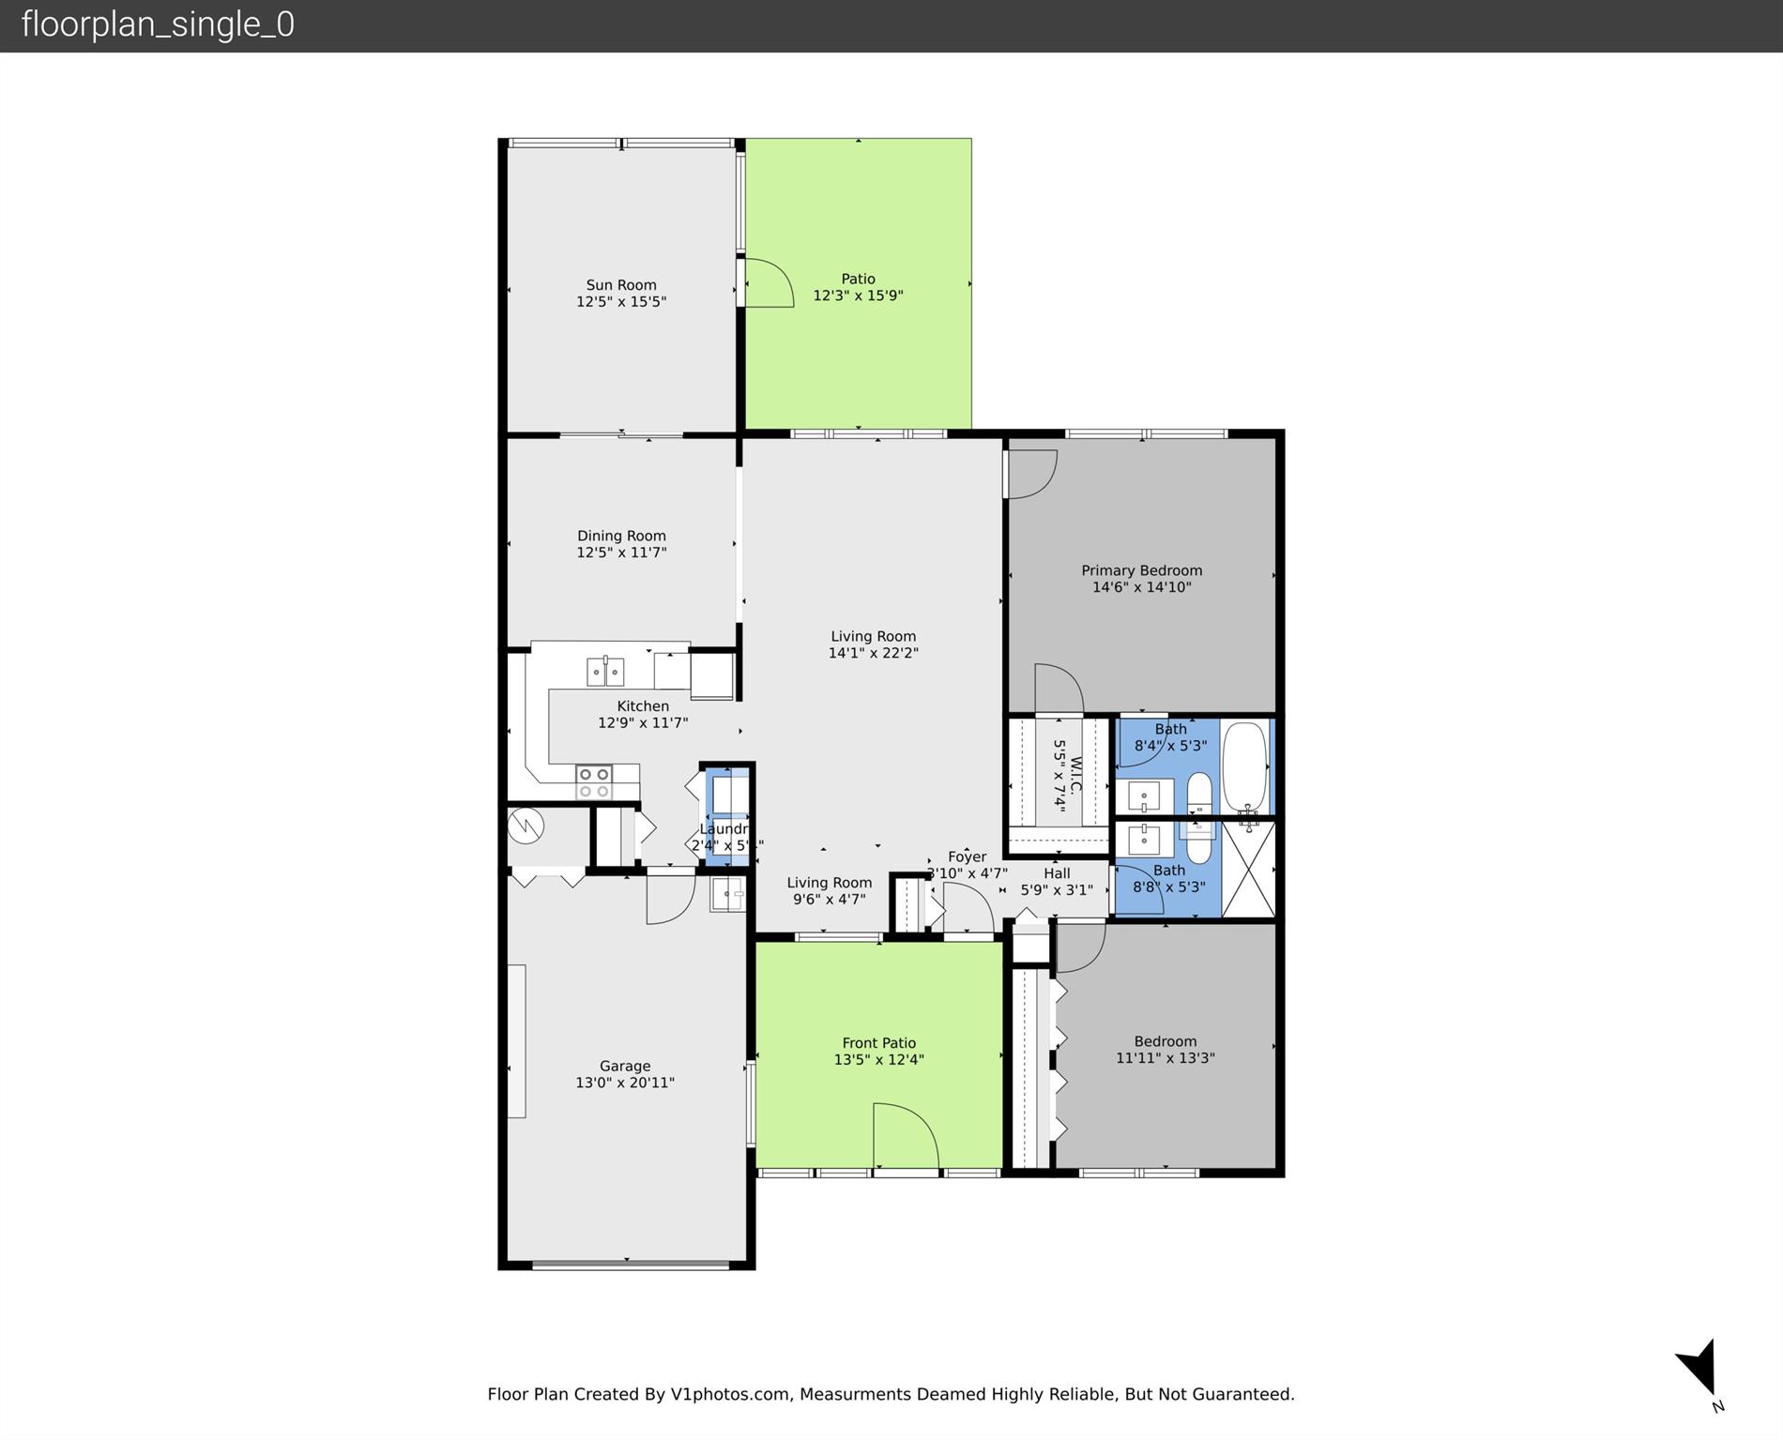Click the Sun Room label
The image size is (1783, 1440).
621,285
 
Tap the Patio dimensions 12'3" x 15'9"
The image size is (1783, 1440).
858,296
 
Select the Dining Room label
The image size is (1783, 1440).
621,536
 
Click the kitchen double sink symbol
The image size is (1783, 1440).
605,672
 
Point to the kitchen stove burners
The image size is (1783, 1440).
594,782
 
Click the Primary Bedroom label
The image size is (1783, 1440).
1141,570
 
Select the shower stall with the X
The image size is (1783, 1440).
1249,869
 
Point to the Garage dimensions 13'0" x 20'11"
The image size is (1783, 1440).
625,1083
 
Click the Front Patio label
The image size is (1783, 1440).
878,1042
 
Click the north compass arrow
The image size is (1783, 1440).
1699,1368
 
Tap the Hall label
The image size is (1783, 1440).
1057,873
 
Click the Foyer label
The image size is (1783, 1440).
967,856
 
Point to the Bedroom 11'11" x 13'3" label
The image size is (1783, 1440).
1165,1049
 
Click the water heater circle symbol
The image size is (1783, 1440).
526,826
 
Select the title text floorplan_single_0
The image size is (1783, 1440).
158,24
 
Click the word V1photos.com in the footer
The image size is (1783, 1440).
729,1394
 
